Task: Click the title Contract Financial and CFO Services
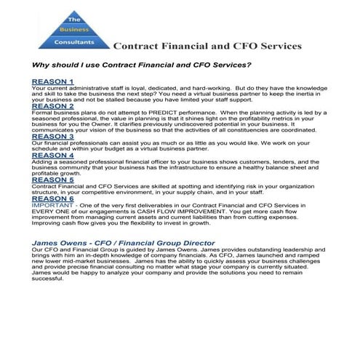click(x=207, y=46)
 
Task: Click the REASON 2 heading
click(x=52, y=106)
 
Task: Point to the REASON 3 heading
click(x=52, y=136)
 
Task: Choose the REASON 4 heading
click(x=52, y=155)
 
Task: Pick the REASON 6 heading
click(x=52, y=198)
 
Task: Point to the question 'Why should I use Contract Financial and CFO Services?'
click(x=142, y=65)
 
